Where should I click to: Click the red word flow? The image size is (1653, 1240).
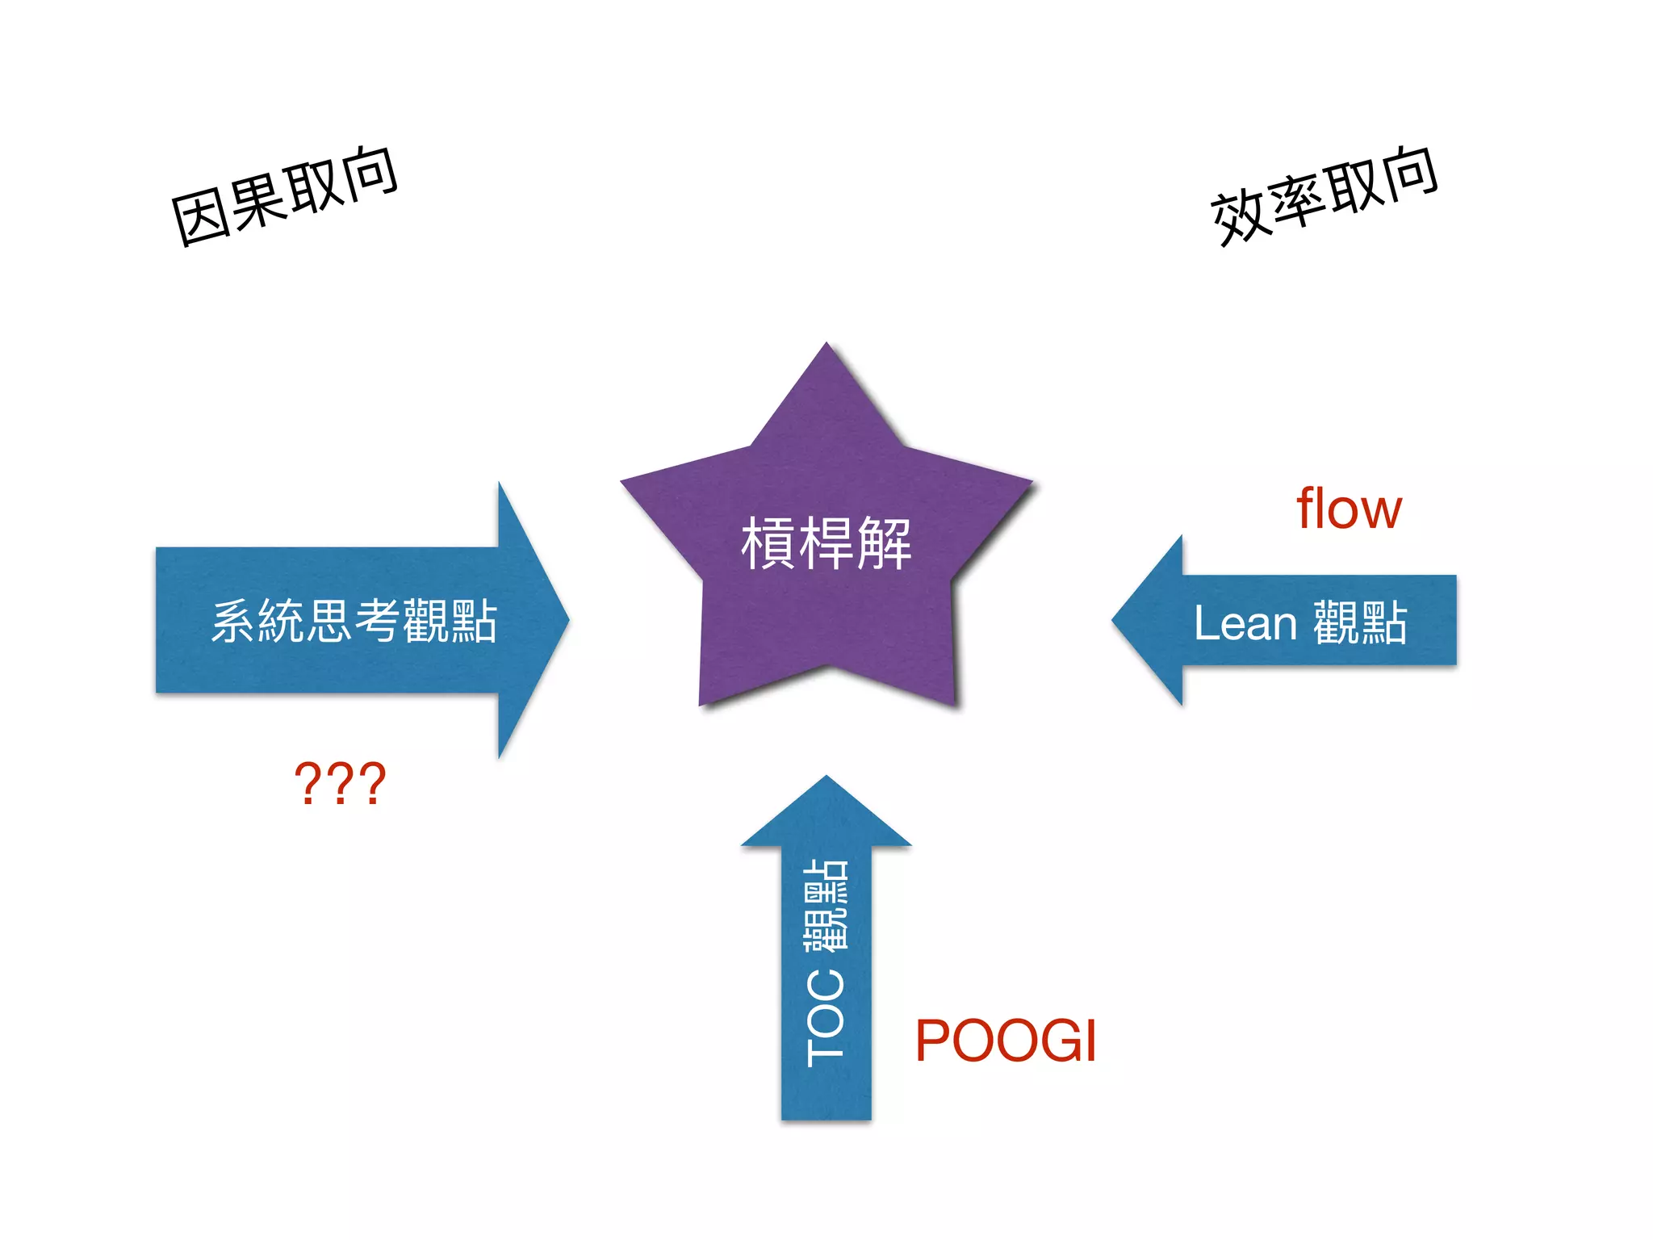tap(1349, 509)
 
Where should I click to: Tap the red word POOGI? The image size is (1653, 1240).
tap(1006, 1041)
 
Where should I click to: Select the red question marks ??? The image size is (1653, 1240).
tap(340, 783)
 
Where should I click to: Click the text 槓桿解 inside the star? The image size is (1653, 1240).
tap(826, 544)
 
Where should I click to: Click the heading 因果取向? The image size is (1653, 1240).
tap(284, 196)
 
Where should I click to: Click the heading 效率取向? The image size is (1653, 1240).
tap(1324, 196)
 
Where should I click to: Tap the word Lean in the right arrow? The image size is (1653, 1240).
tap(1245, 623)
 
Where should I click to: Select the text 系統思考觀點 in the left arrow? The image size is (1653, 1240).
tap(354, 622)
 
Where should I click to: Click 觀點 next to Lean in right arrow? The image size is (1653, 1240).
tap(1360, 623)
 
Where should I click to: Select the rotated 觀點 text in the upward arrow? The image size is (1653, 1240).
tap(826, 904)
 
